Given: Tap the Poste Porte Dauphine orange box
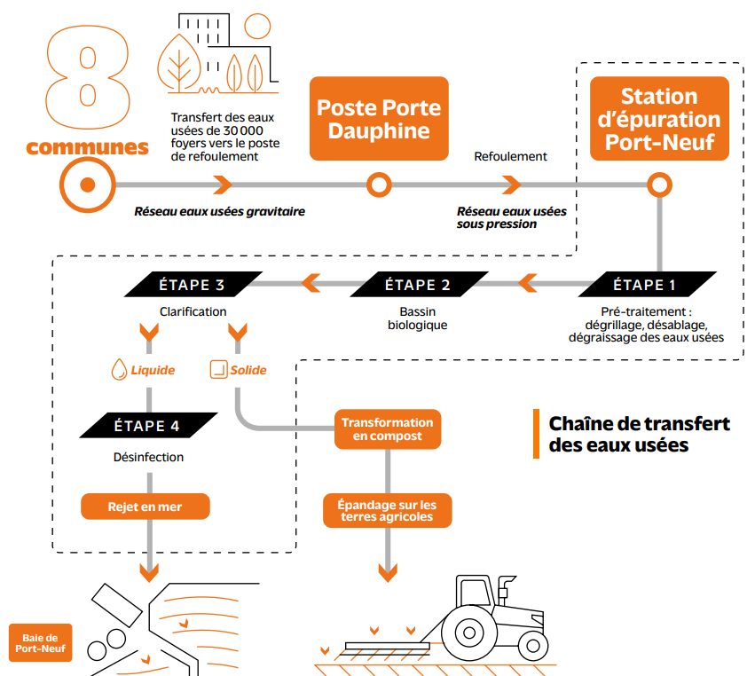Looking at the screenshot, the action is click(379, 119).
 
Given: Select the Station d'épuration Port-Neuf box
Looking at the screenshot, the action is click(659, 119).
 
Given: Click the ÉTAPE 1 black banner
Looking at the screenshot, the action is click(647, 285).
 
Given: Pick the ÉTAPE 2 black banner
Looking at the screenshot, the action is click(419, 285).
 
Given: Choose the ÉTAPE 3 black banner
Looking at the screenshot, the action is click(193, 285).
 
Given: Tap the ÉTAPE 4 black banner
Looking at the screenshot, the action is click(148, 425).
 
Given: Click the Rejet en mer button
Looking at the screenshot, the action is click(145, 507).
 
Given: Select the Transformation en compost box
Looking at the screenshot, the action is click(388, 429).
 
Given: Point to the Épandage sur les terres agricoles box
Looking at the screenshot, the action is click(387, 510).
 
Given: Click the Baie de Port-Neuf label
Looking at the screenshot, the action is click(41, 643).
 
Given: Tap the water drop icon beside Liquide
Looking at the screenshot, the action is click(119, 369).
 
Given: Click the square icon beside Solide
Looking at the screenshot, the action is click(218, 369).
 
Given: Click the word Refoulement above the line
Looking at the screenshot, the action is click(510, 156).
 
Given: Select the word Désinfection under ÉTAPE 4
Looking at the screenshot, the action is click(148, 457).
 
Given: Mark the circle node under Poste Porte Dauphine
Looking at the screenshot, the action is click(379, 185).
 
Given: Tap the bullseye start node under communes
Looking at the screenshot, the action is click(88, 185).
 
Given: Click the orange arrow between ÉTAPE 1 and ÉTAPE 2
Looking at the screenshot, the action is click(528, 283).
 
